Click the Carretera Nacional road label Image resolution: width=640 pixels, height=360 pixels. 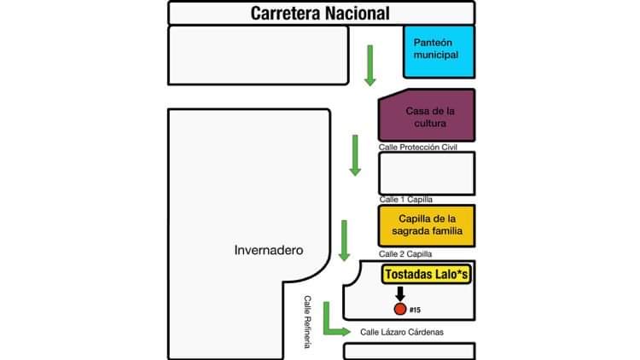point(320,14)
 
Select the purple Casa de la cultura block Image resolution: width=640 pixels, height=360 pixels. point(427,115)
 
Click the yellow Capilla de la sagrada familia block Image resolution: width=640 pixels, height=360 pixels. point(427,225)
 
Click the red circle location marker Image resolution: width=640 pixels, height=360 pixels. point(399,307)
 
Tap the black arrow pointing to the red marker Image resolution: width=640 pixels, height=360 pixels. point(399,293)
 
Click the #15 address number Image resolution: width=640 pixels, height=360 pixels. point(416,308)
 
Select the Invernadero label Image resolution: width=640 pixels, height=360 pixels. point(269,250)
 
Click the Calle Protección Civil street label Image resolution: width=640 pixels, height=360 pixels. point(418,148)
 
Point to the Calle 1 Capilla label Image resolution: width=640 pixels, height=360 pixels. point(406,199)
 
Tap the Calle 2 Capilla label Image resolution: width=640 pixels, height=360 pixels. point(406,254)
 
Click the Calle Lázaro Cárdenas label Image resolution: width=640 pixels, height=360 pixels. point(403,332)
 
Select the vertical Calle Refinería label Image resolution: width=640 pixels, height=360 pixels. point(310,321)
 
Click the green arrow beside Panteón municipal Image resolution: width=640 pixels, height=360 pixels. point(369,65)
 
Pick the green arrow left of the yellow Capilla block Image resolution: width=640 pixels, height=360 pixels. point(345,241)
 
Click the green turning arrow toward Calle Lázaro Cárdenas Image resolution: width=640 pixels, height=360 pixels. point(333,324)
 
